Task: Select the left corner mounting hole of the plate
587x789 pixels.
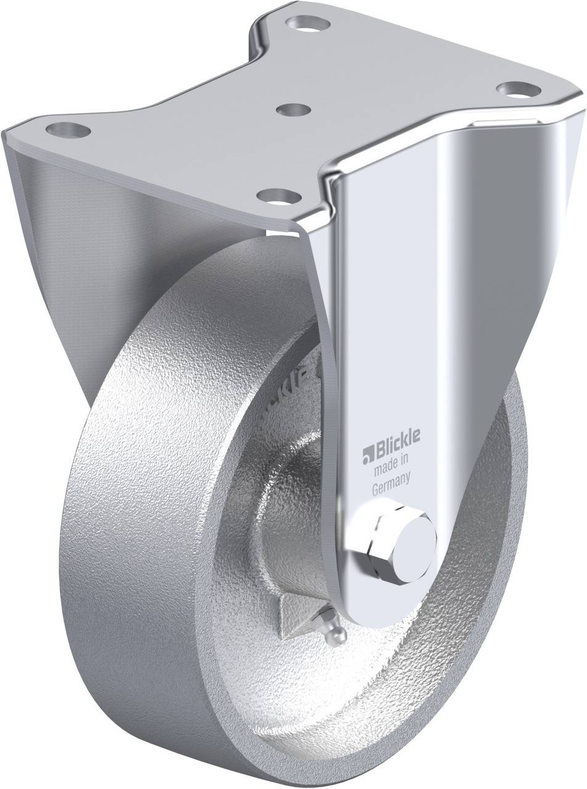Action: tap(68, 130)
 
